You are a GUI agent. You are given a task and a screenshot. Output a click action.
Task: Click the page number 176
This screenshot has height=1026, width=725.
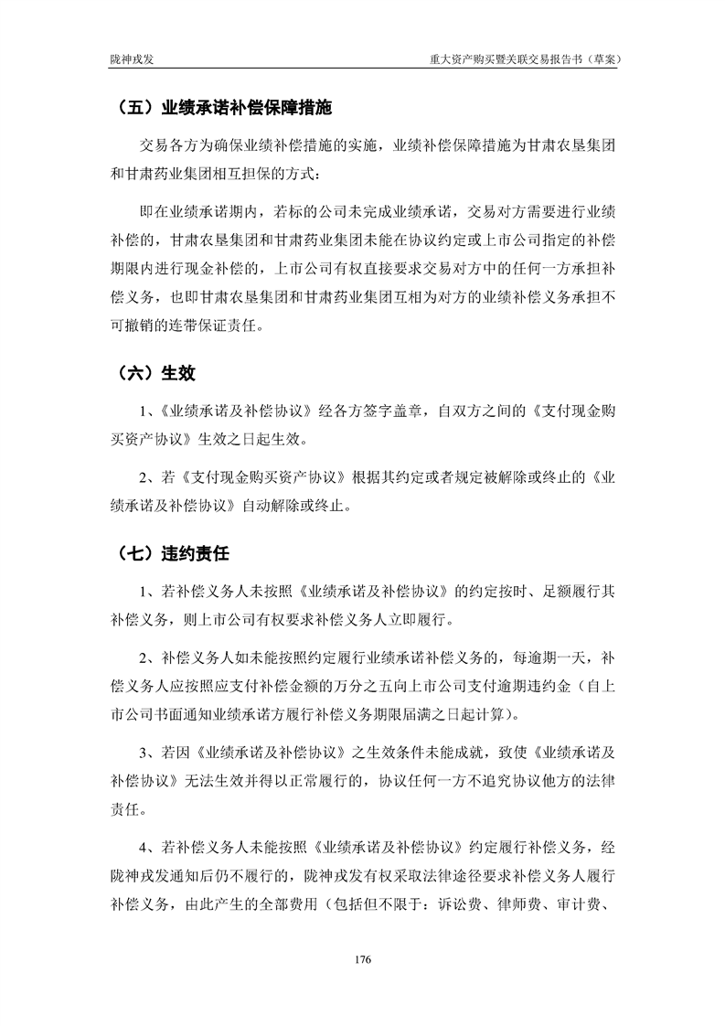pos(362,959)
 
